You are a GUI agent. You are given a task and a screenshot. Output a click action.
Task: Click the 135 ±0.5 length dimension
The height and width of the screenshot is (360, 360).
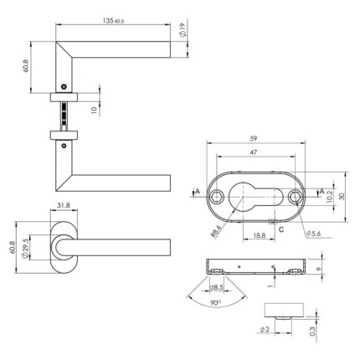113,20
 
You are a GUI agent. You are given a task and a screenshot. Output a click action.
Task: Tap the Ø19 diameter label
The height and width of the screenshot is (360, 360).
182,30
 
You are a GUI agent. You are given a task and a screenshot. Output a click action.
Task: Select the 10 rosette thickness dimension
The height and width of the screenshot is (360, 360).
94,110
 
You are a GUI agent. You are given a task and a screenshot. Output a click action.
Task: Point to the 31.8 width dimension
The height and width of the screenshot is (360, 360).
64,205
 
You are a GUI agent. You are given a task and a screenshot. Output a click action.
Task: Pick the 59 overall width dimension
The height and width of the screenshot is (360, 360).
254,138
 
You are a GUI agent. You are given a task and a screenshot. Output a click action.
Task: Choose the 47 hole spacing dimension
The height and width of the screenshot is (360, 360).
254,152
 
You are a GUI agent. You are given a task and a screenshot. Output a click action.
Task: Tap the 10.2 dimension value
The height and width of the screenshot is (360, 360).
329,197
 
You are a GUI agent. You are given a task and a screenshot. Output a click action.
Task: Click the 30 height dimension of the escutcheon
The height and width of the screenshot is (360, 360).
342,197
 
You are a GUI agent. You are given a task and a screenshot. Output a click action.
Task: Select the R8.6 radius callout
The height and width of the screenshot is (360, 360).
217,232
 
